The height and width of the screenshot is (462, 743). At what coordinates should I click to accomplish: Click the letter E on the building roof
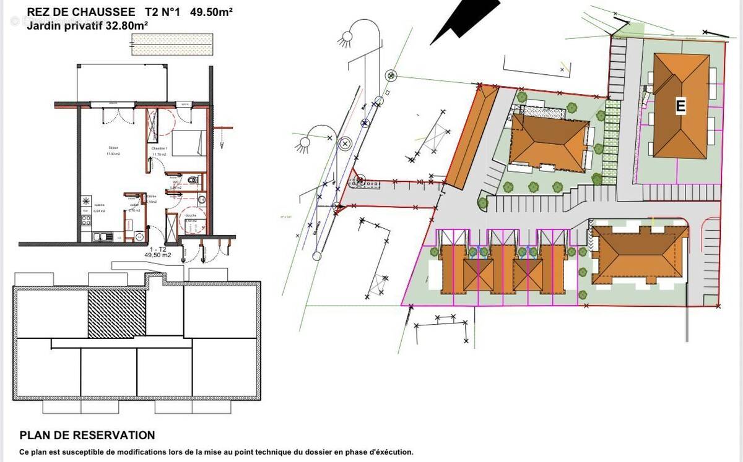(x=680, y=106)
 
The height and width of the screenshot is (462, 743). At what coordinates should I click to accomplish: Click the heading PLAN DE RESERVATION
(x=87, y=435)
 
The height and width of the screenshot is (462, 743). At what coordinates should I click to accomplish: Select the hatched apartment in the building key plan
(x=116, y=314)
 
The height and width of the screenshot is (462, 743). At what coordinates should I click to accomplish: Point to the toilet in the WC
(x=194, y=180)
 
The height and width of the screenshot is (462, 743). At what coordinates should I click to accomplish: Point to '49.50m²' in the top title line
(x=211, y=11)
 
